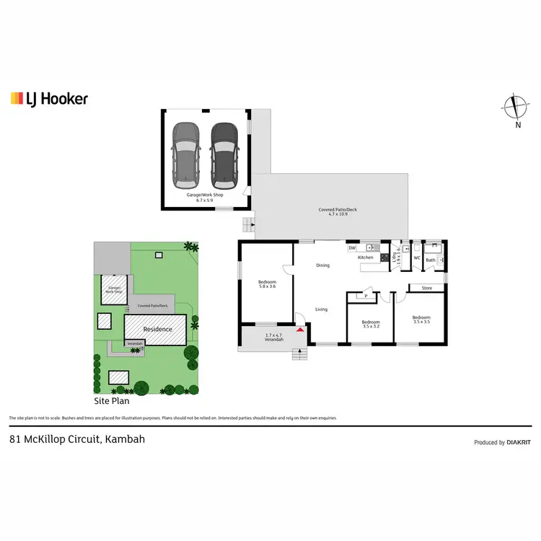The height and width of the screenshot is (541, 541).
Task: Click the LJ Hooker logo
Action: (x=49, y=99)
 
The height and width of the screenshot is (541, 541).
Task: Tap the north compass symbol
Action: (x=515, y=108)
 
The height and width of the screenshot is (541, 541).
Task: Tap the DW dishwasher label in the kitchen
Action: (x=352, y=248)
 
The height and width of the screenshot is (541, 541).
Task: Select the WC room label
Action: (x=417, y=258)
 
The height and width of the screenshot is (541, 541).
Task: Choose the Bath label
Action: (x=431, y=260)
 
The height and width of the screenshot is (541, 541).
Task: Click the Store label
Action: (x=427, y=288)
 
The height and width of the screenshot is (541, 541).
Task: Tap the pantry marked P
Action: (x=366, y=296)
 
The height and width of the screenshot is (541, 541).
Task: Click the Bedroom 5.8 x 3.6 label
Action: (x=266, y=284)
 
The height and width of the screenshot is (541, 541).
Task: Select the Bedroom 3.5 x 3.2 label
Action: (x=371, y=324)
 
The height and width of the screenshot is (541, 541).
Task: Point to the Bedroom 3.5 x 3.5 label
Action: (x=421, y=320)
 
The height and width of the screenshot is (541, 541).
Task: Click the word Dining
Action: (x=322, y=265)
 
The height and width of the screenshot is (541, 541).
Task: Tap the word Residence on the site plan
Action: (x=157, y=329)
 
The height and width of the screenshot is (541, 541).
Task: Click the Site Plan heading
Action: (x=112, y=400)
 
